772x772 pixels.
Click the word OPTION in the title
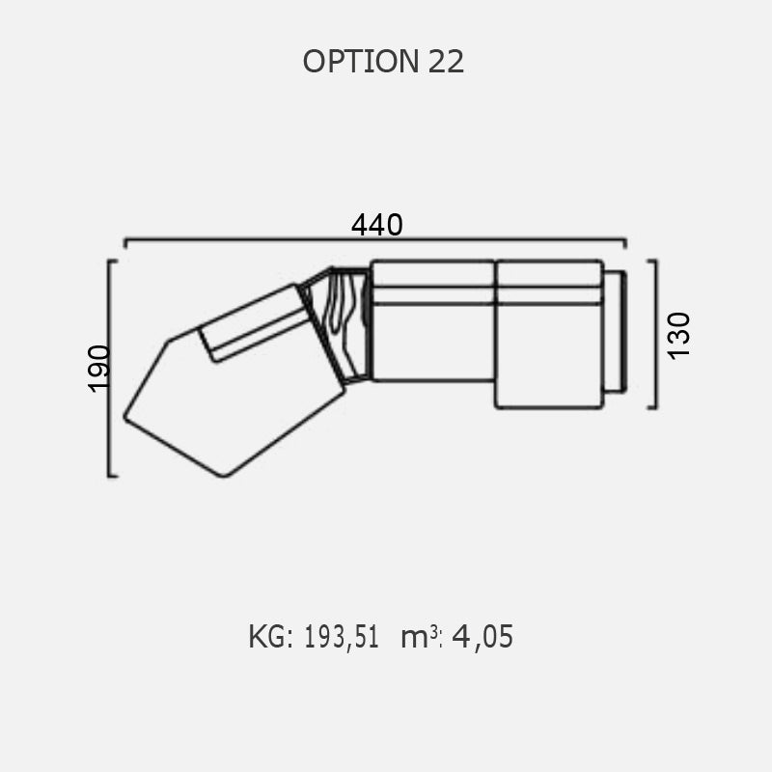pos(361,62)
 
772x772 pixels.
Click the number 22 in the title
pos(446,62)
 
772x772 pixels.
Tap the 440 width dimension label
pos(376,225)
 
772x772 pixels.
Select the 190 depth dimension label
pos(98,369)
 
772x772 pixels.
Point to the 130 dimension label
pos(679,336)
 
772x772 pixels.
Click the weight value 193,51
pos(342,637)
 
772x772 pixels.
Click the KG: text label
pos(271,636)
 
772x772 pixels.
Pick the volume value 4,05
pos(482,636)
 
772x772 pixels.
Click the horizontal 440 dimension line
pos(375,239)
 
